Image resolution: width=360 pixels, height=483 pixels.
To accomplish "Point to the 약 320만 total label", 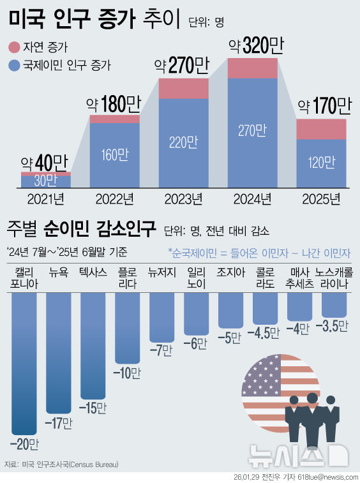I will tap(256, 46).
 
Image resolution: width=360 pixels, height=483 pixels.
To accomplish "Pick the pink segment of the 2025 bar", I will tap(321, 129).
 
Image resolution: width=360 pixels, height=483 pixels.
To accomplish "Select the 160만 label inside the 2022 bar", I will tap(115, 155).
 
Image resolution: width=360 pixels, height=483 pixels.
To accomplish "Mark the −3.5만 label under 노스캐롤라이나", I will tap(334, 326).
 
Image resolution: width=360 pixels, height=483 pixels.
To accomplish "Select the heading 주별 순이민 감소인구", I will tap(81, 228).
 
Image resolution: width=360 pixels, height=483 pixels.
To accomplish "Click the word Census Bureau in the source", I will tap(94, 464).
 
